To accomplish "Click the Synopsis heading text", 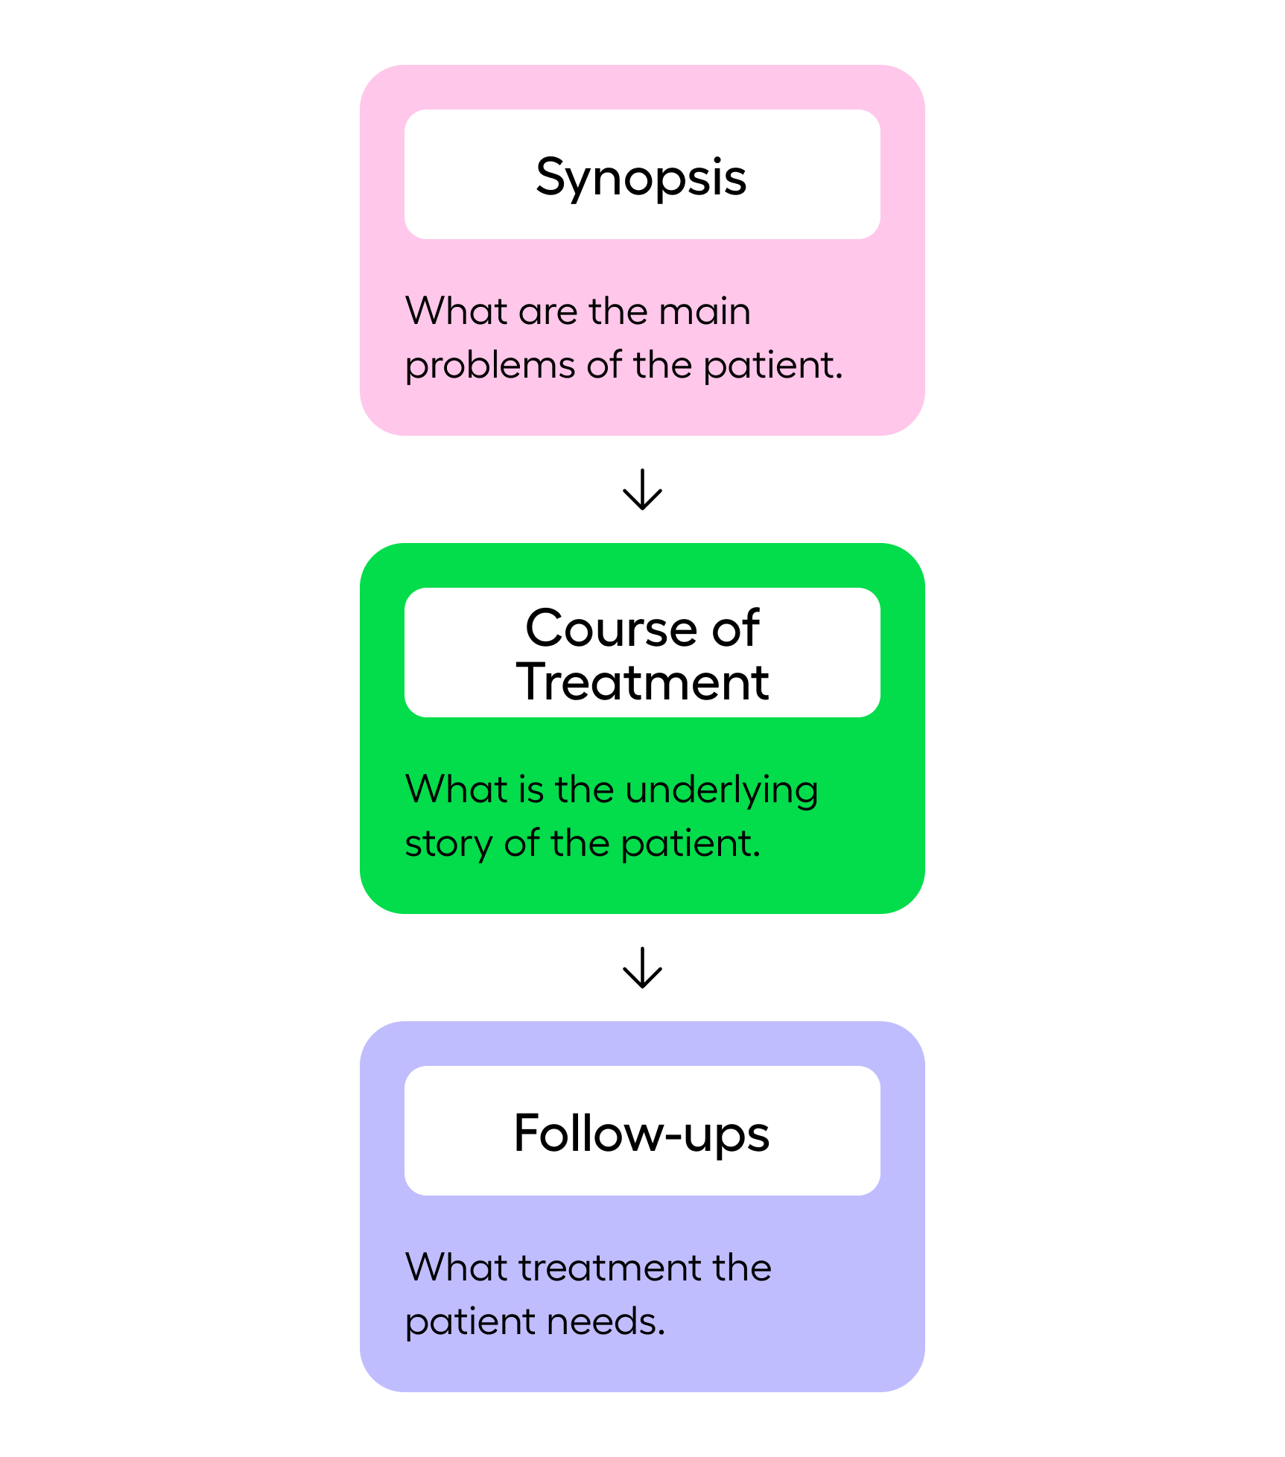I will pos(641,177).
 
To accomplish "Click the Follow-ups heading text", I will pos(641,1133).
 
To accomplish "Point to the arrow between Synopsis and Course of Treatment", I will pos(642,489).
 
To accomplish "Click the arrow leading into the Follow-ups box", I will pos(642,968).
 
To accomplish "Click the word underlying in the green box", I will pos(722,790).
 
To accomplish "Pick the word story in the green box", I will pos(448,844).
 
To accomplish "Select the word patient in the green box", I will pos(690,844).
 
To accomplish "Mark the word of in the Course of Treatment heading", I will pos(734,628).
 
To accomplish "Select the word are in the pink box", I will pos(547,312).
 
